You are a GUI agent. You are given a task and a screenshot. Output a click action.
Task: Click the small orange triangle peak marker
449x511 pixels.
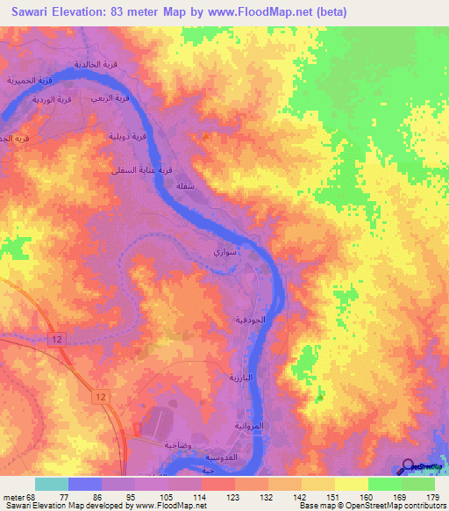pos(205,135)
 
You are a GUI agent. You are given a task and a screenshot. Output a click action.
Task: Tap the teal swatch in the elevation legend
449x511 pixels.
pos(52,484)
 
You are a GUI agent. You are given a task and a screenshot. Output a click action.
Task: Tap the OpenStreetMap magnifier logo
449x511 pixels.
pos(409,467)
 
